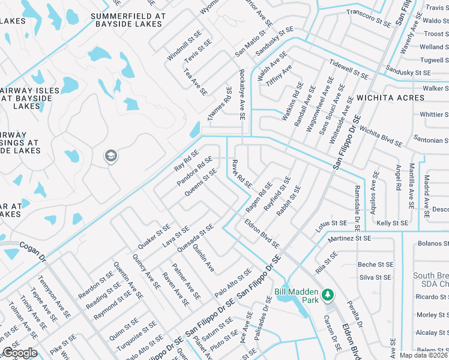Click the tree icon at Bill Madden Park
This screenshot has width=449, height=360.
click(328, 295)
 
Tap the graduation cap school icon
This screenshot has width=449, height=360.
click(110, 157)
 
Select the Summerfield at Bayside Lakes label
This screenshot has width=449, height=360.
click(127, 20)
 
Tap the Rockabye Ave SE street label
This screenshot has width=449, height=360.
click(242, 96)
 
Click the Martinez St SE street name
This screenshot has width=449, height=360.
click(349, 238)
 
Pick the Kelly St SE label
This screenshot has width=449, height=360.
click(392, 223)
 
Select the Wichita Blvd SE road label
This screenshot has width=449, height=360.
click(381, 136)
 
